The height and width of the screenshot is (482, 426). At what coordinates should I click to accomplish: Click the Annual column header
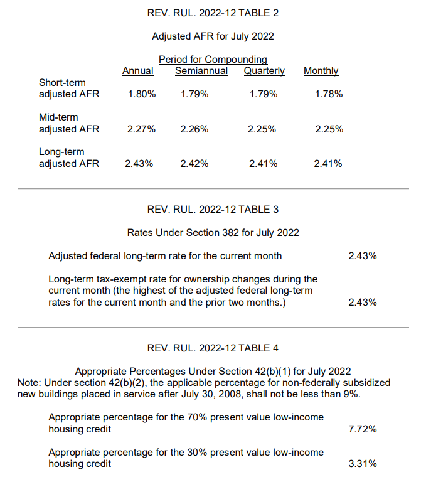[x=137, y=71]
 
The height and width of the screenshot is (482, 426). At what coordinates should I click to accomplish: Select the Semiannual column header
[x=201, y=71]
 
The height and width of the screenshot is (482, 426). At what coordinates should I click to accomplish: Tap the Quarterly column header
[x=264, y=71]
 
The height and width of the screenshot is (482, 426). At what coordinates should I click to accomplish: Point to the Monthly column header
[x=321, y=71]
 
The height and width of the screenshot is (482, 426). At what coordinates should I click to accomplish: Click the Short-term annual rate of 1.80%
[x=142, y=94]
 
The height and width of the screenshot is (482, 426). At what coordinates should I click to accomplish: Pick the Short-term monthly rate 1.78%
[x=329, y=94]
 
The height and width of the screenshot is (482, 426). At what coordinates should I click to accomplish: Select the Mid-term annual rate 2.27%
[x=141, y=129]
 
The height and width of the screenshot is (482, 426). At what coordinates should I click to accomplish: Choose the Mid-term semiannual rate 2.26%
[x=194, y=129]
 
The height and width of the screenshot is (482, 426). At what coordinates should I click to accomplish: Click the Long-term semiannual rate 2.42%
[x=194, y=164]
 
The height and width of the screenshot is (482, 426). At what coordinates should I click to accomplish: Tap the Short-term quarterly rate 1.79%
[x=264, y=94]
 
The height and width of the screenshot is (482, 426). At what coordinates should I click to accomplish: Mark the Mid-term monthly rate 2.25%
[x=329, y=129]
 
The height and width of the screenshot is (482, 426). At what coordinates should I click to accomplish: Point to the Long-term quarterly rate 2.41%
[x=263, y=164]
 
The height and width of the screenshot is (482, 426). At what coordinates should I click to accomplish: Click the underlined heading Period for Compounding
[x=213, y=60]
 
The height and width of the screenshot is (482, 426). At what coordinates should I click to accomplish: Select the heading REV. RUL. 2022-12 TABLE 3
[x=213, y=210]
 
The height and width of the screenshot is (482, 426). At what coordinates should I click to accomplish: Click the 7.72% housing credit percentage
[x=363, y=429]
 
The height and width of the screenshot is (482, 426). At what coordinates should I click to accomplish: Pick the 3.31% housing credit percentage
[x=363, y=464]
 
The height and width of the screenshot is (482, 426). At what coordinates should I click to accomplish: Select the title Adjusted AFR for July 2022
[x=213, y=36]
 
